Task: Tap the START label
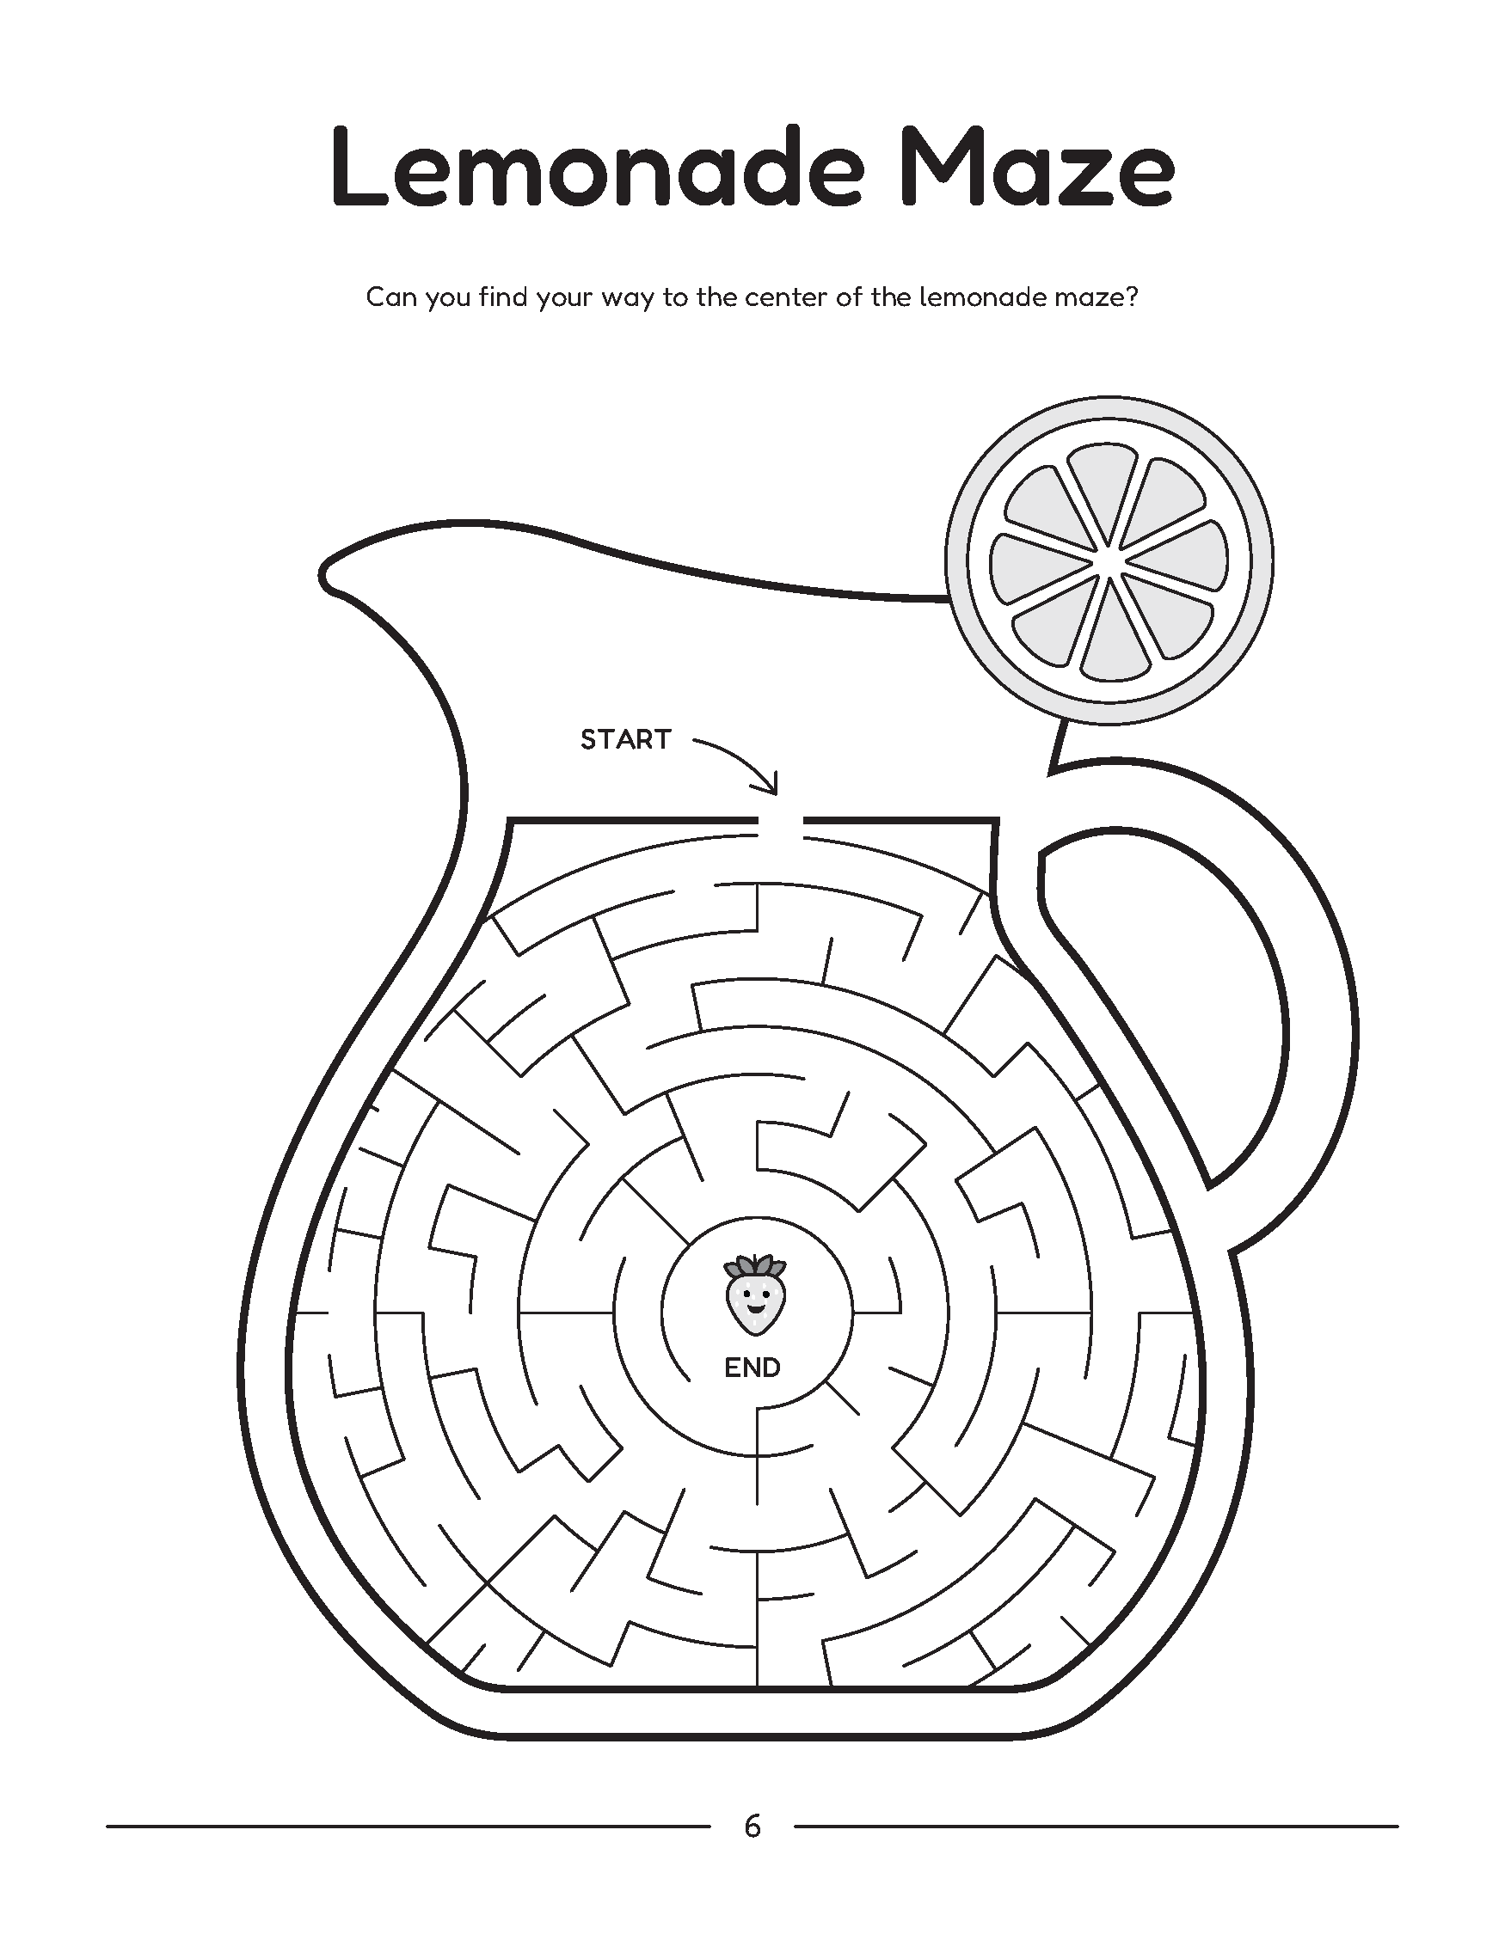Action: click(625, 739)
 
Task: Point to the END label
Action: click(752, 1368)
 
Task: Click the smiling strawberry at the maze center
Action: click(756, 1293)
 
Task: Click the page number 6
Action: click(752, 1826)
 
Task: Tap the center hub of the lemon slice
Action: click(1109, 562)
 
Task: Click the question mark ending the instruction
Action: click(1129, 297)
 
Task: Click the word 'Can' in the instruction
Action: click(391, 297)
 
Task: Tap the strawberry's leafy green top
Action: click(756, 1264)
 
